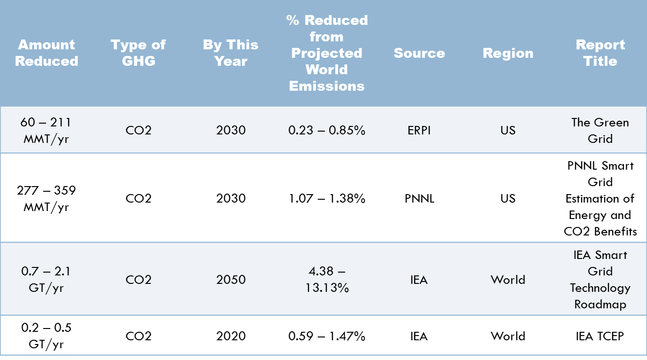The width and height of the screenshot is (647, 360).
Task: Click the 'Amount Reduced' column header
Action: (47, 53)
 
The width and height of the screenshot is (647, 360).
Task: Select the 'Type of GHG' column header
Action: (138, 53)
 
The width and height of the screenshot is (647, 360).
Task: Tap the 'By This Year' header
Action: (230, 53)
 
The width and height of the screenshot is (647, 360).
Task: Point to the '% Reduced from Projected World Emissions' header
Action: (327, 53)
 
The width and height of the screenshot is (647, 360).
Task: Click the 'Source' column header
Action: (419, 53)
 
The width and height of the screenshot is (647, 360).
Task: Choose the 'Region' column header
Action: (508, 53)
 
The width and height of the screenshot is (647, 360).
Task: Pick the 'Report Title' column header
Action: (600, 53)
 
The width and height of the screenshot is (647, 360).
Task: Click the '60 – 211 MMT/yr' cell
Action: (46, 130)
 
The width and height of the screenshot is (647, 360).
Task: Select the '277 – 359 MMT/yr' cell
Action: (46, 198)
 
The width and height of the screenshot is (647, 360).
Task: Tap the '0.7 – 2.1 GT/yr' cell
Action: (46, 279)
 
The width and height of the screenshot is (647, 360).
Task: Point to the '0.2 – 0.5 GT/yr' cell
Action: (46, 336)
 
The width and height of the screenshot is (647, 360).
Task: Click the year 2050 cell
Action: (231, 279)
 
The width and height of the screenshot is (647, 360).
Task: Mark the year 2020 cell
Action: (231, 336)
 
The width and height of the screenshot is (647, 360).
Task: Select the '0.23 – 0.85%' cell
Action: (327, 130)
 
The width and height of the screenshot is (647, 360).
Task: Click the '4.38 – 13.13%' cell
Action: (327, 279)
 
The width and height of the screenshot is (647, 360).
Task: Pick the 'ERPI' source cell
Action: (419, 130)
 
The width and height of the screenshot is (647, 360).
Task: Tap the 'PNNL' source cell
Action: (419, 198)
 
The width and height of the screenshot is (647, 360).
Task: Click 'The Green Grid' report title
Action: (600, 130)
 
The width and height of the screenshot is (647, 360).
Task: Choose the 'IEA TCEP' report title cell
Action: (600, 336)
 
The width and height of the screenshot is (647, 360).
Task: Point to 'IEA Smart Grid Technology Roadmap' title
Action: (600, 279)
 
